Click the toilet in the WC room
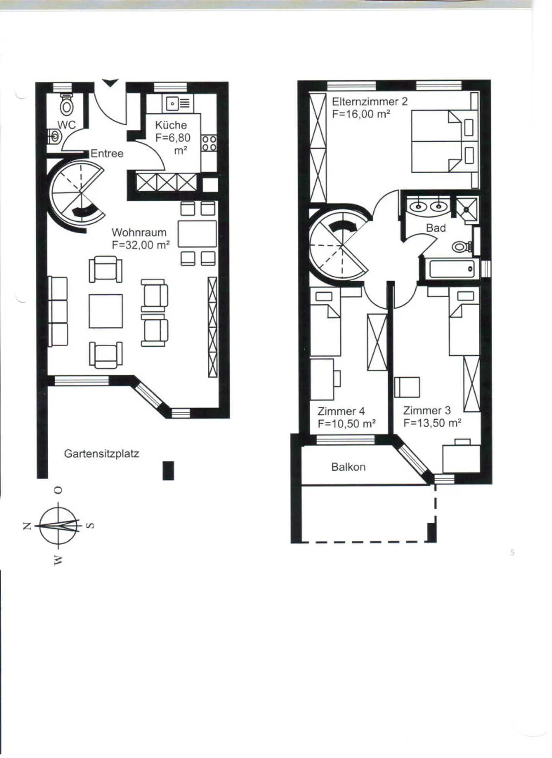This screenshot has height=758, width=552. pos(67,105)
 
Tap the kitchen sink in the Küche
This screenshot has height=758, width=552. pos(178,103)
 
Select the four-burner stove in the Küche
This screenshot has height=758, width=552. pos(209,143)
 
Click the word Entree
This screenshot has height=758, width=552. pos(107,154)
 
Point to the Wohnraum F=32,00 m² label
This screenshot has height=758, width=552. pos(140,239)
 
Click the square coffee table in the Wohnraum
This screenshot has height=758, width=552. pos(106,311)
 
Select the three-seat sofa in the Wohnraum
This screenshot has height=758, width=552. pos(58,311)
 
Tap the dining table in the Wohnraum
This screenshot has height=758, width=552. pos(197,234)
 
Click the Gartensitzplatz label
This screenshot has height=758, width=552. pos(101,454)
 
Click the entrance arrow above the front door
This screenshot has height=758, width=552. pos(110,83)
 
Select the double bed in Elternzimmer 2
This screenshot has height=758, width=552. pos(441,141)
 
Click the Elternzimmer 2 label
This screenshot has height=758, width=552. pos(369,108)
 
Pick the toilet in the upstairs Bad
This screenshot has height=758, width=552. pos(461,247)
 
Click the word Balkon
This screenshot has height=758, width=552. pos(348,467)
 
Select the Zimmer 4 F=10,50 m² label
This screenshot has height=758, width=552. pos(346,417)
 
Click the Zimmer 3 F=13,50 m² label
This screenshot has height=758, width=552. pos(432,417)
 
